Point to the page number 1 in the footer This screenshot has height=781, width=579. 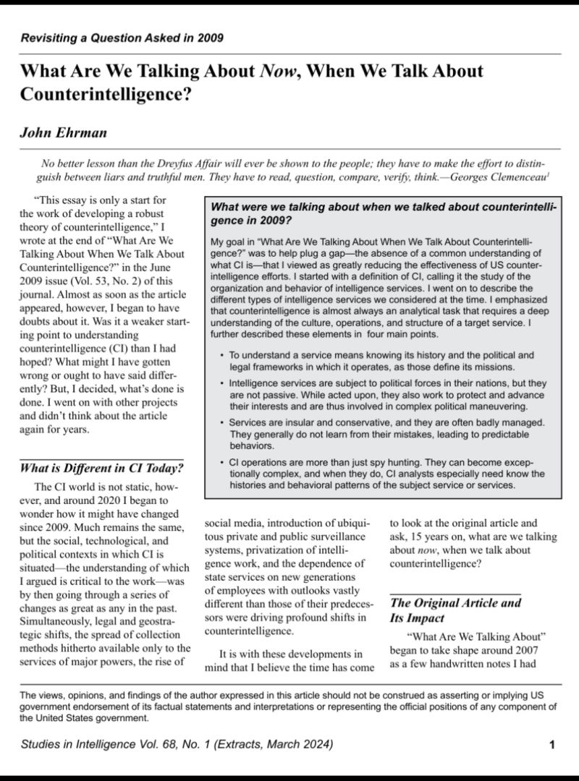551,745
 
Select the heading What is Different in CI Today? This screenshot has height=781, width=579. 101,467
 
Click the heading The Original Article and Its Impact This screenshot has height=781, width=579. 455,610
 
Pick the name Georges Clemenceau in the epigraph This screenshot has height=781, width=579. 499,176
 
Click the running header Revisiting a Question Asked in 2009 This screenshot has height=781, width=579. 121,38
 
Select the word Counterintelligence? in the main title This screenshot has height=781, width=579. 106,95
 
